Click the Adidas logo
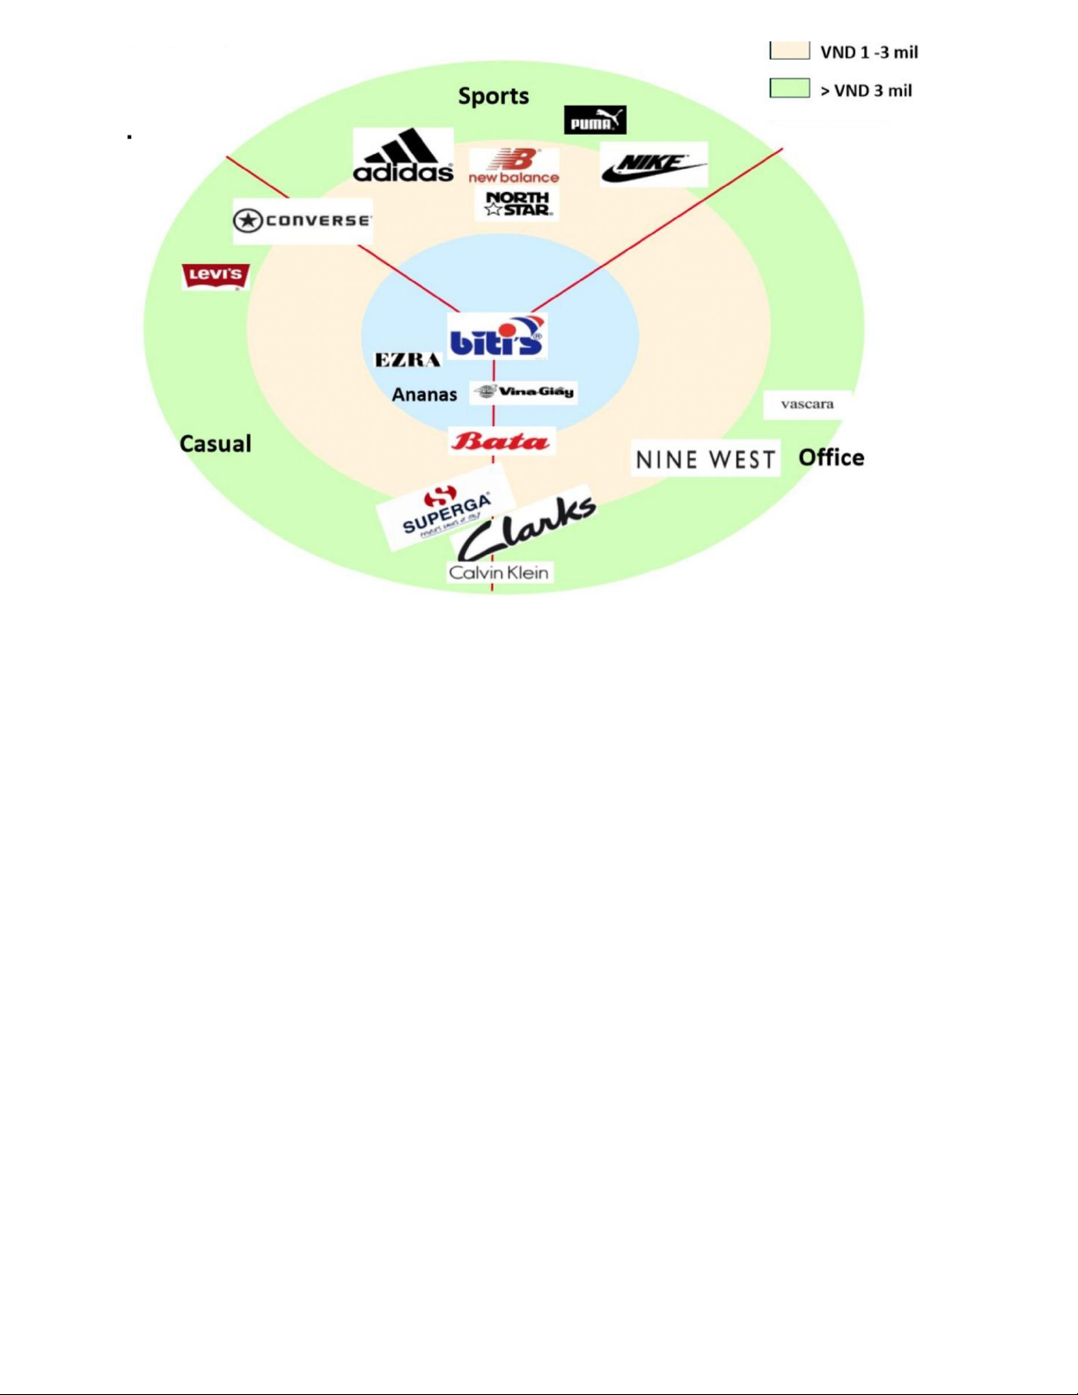tap(403, 157)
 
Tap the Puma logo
tap(595, 120)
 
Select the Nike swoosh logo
tap(653, 165)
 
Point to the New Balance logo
tap(514, 165)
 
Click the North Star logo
tap(517, 204)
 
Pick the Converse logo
tap(302, 220)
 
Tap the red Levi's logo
tap(216, 276)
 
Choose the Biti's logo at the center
tap(497, 336)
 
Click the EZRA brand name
tap(407, 360)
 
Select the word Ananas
tap(424, 394)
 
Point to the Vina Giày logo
tap(524, 392)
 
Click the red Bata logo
tap(501, 441)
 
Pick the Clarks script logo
tap(527, 528)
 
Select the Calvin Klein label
tap(499, 573)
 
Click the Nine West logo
tap(705, 459)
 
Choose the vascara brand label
tap(807, 404)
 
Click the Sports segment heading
tap(494, 96)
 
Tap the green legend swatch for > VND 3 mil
tap(789, 88)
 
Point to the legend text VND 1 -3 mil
tap(869, 53)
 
